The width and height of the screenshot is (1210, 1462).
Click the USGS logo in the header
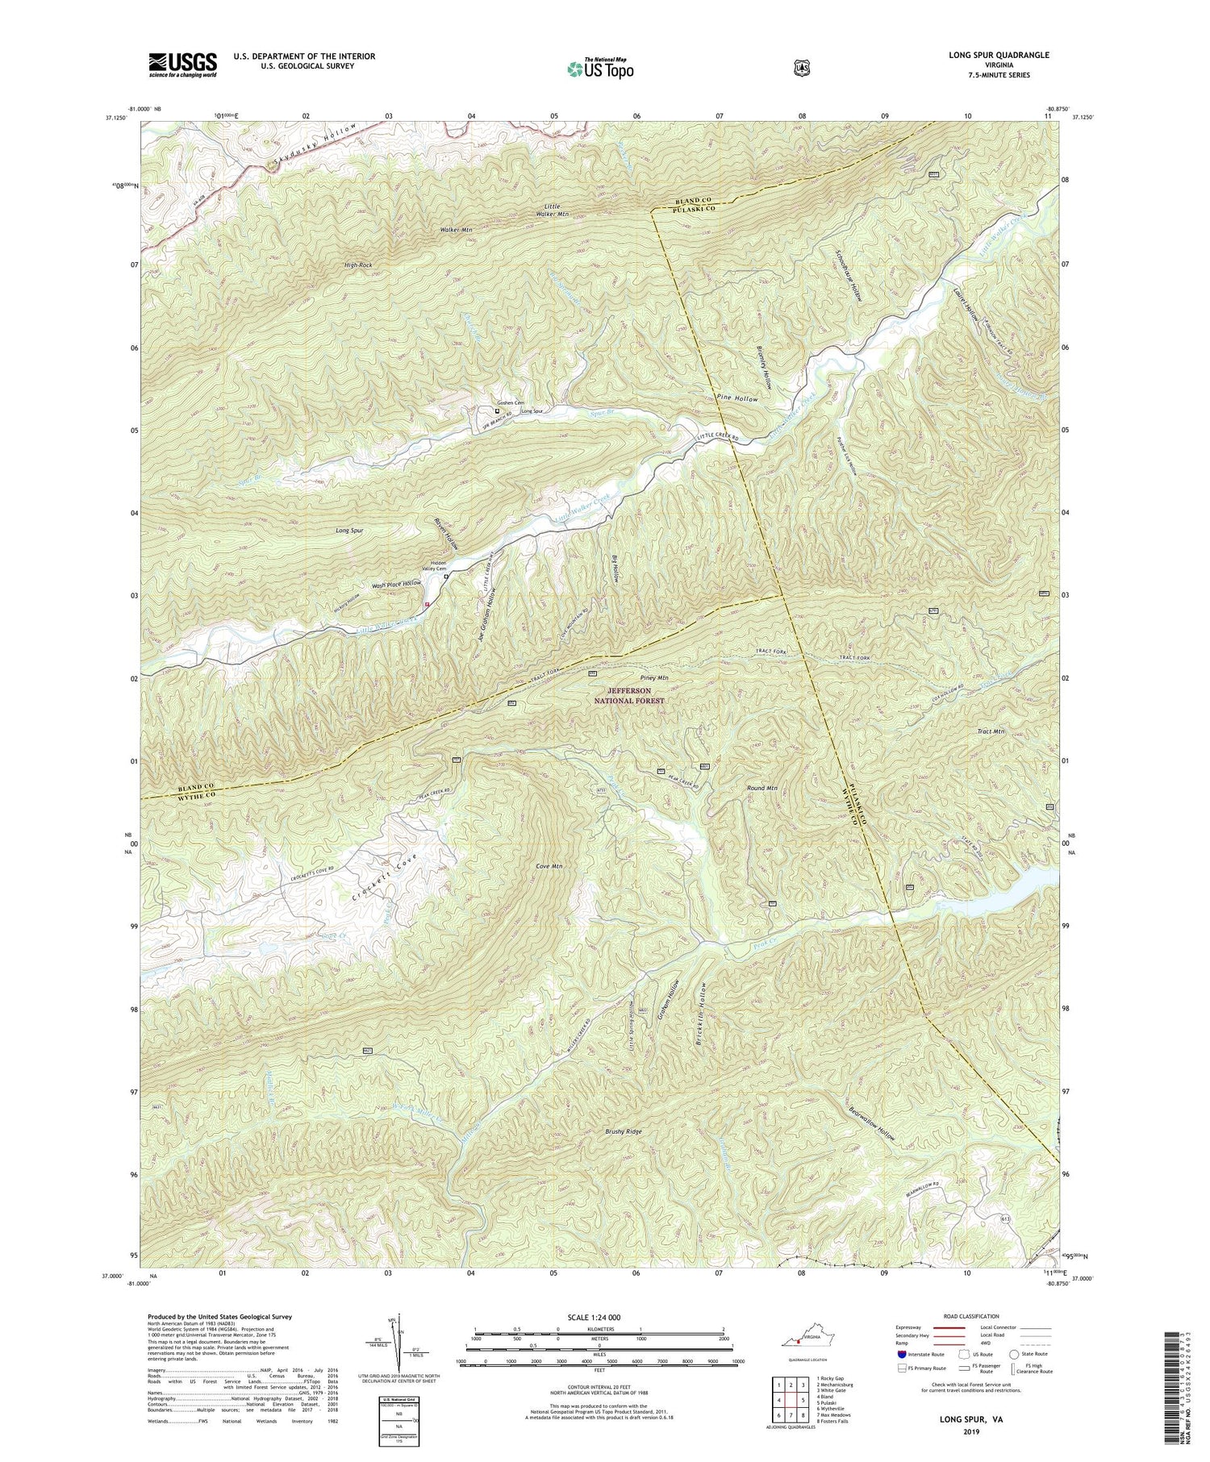pyautogui.click(x=182, y=65)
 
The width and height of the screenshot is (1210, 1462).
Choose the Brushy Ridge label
pyautogui.click(x=624, y=1132)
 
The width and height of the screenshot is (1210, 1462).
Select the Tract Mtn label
pyautogui.click(x=991, y=731)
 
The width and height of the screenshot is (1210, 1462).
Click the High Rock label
pyautogui.click(x=357, y=264)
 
